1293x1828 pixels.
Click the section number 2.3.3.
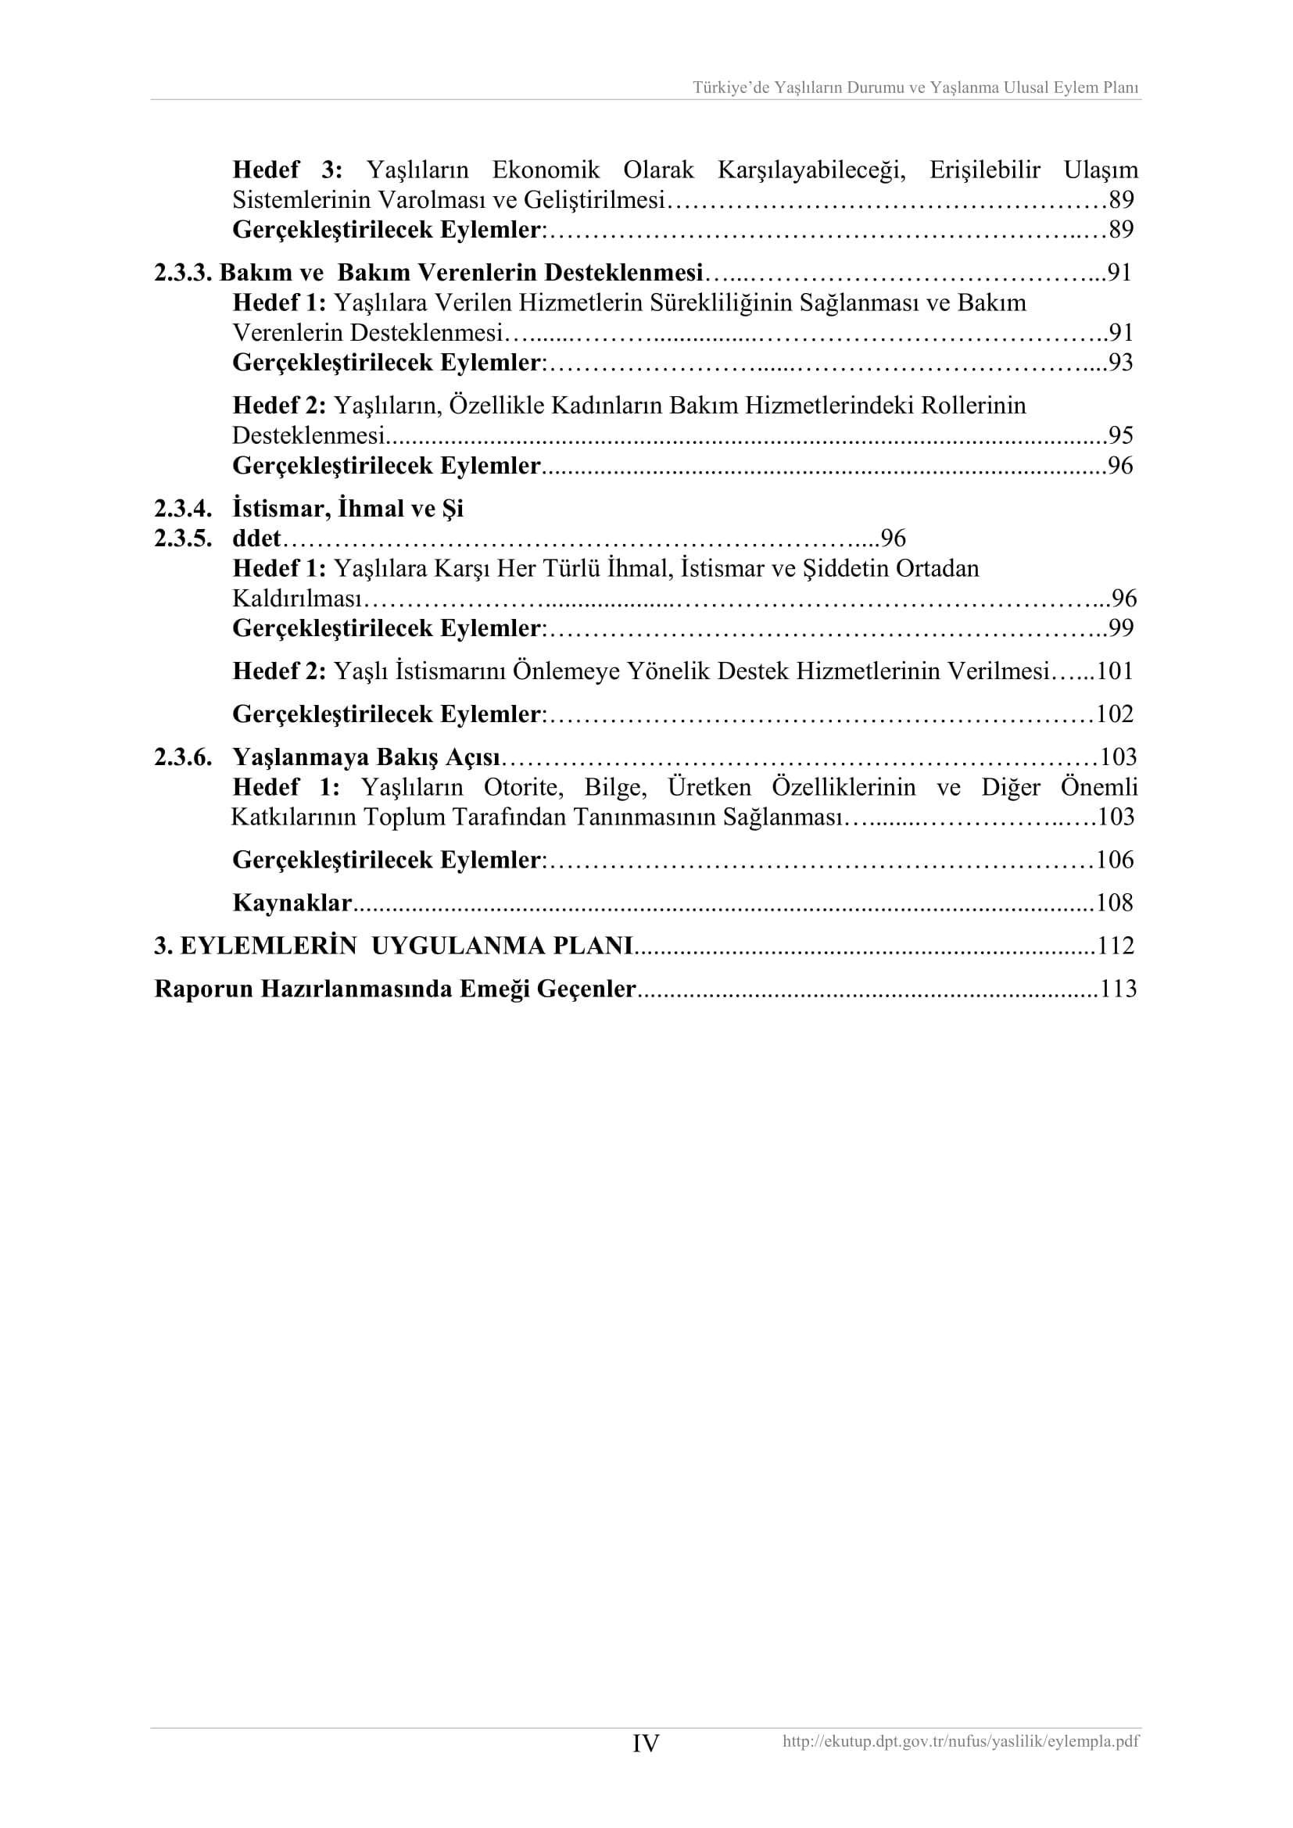click(183, 273)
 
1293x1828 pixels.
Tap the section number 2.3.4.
click(183, 509)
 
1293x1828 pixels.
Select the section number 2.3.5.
click(183, 539)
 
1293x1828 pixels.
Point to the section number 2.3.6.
click(183, 757)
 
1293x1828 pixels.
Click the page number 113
click(1118, 989)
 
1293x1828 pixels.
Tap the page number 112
click(1116, 946)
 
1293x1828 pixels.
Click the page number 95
click(1120, 435)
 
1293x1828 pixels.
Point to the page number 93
click(1120, 363)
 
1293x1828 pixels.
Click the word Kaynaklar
click(292, 903)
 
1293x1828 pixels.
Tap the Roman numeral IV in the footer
click(646, 1744)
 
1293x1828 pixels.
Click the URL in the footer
click(960, 1741)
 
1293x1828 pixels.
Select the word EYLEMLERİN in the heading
click(268, 946)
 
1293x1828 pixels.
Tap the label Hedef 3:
click(288, 170)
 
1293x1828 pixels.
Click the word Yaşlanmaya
click(300, 757)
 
